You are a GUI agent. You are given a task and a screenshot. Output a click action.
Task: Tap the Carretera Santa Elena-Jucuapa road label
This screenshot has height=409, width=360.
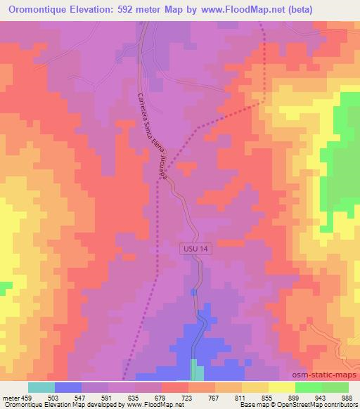[150, 134]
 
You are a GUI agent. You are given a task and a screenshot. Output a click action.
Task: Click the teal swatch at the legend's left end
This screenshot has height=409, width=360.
[41, 387]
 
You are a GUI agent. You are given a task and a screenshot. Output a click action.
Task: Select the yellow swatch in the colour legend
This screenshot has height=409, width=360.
[281, 387]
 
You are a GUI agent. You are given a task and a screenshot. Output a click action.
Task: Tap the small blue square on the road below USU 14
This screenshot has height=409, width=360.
[194, 291]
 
